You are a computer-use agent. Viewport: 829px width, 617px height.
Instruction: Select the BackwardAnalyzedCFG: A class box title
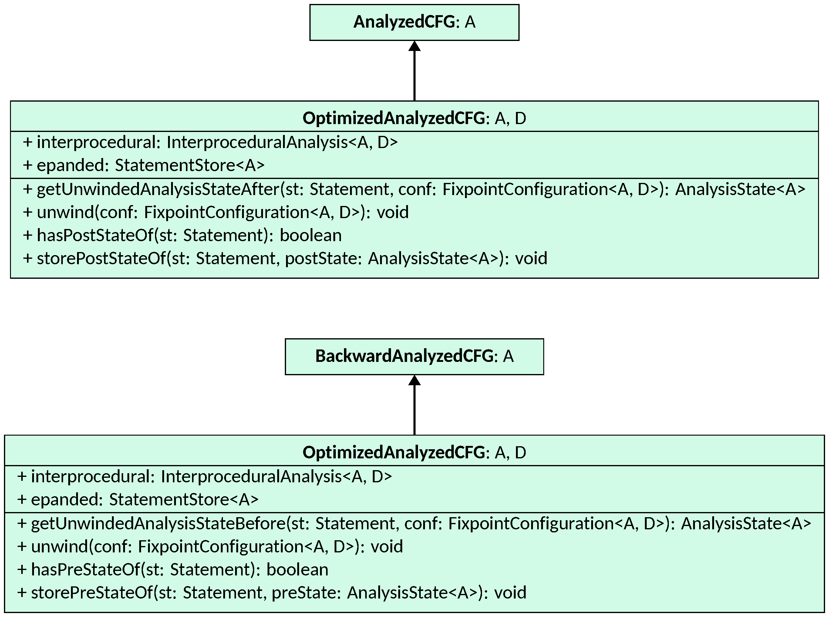point(414,356)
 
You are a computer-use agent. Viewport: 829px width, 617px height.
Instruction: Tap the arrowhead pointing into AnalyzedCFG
point(414,46)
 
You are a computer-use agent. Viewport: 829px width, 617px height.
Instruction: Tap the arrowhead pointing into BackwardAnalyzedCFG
point(414,381)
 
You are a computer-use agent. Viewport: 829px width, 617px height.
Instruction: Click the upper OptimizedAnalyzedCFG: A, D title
point(414,118)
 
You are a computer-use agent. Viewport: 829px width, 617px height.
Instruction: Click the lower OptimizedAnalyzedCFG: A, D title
point(414,452)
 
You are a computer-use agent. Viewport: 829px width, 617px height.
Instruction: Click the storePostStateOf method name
point(101,258)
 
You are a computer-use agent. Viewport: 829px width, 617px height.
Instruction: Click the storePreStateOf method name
point(92,593)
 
